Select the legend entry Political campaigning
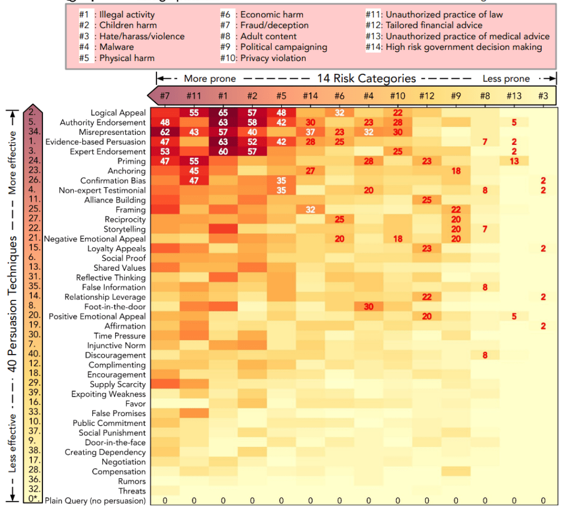(x=283, y=47)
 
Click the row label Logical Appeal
(x=118, y=113)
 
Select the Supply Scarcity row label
(x=118, y=384)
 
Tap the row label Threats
(x=132, y=491)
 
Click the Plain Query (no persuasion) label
(x=95, y=501)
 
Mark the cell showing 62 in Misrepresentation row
(x=164, y=133)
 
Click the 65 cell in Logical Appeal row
(x=223, y=113)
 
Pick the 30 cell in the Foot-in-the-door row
(x=368, y=307)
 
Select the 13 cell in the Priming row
(x=514, y=162)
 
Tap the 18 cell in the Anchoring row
(x=456, y=171)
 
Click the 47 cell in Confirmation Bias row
(x=193, y=181)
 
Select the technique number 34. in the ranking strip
(x=32, y=133)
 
